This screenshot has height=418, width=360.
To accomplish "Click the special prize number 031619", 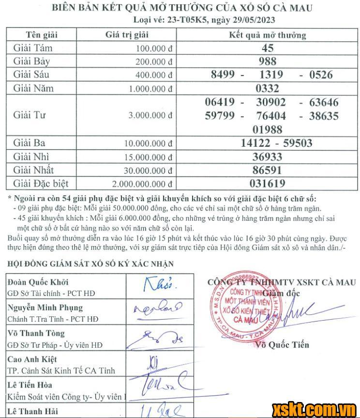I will tap(268, 184).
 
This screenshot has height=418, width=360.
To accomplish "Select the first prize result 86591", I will tap(268, 170).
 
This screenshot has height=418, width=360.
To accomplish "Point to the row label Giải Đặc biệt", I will tap(41, 184).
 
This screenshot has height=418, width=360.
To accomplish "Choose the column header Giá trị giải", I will tap(127, 35).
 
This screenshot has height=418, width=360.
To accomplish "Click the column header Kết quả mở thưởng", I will tap(267, 35).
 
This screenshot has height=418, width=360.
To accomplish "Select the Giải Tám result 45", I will tap(268, 48).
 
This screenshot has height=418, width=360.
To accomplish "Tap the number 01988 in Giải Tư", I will tap(268, 129).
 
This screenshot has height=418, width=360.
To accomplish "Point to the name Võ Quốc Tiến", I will tap(283, 345).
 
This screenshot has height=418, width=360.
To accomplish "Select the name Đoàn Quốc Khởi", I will tap(37, 282).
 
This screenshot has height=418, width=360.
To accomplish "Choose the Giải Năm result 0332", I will tap(268, 89).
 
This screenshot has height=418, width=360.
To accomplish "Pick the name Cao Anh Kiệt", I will tap(32, 359).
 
